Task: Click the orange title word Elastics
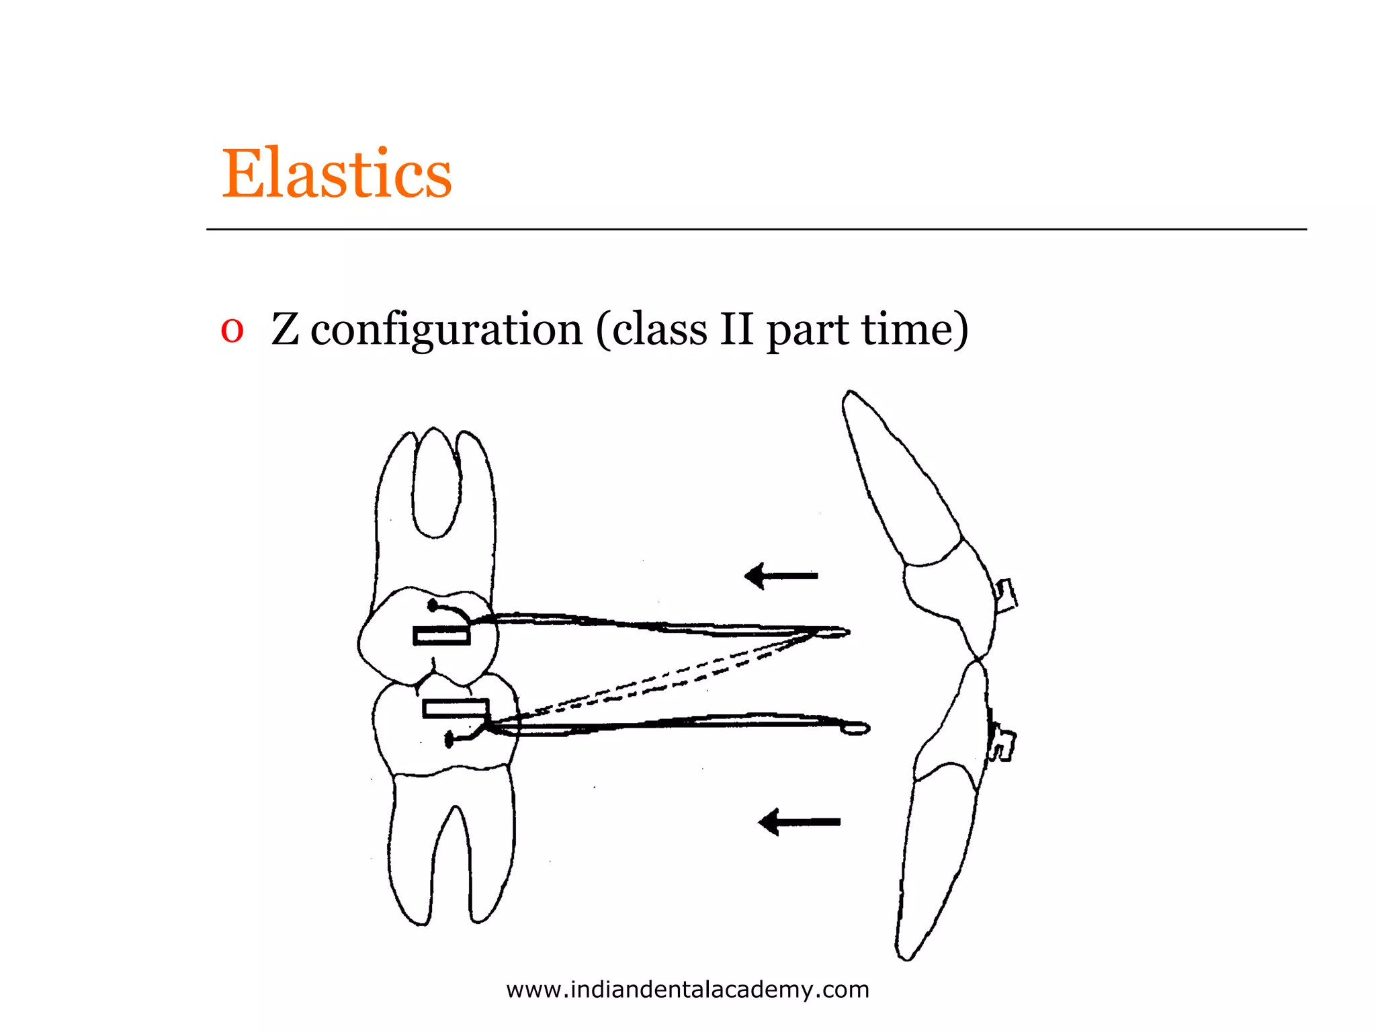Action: pos(337,174)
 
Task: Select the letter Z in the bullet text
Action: pos(285,330)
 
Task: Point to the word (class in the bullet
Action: pos(651,330)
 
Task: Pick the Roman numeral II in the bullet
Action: pos(736,330)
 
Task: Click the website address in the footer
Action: pos(687,990)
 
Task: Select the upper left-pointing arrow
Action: pos(781,576)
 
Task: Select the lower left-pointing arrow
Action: pos(799,822)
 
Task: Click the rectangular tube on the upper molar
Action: pos(441,635)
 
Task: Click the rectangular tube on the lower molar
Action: pos(455,708)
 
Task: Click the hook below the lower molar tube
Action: pos(465,736)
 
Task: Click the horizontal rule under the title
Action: pos(756,230)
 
